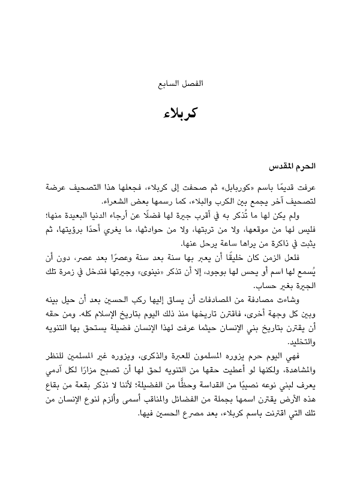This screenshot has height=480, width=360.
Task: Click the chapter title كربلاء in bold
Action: (180, 113)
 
